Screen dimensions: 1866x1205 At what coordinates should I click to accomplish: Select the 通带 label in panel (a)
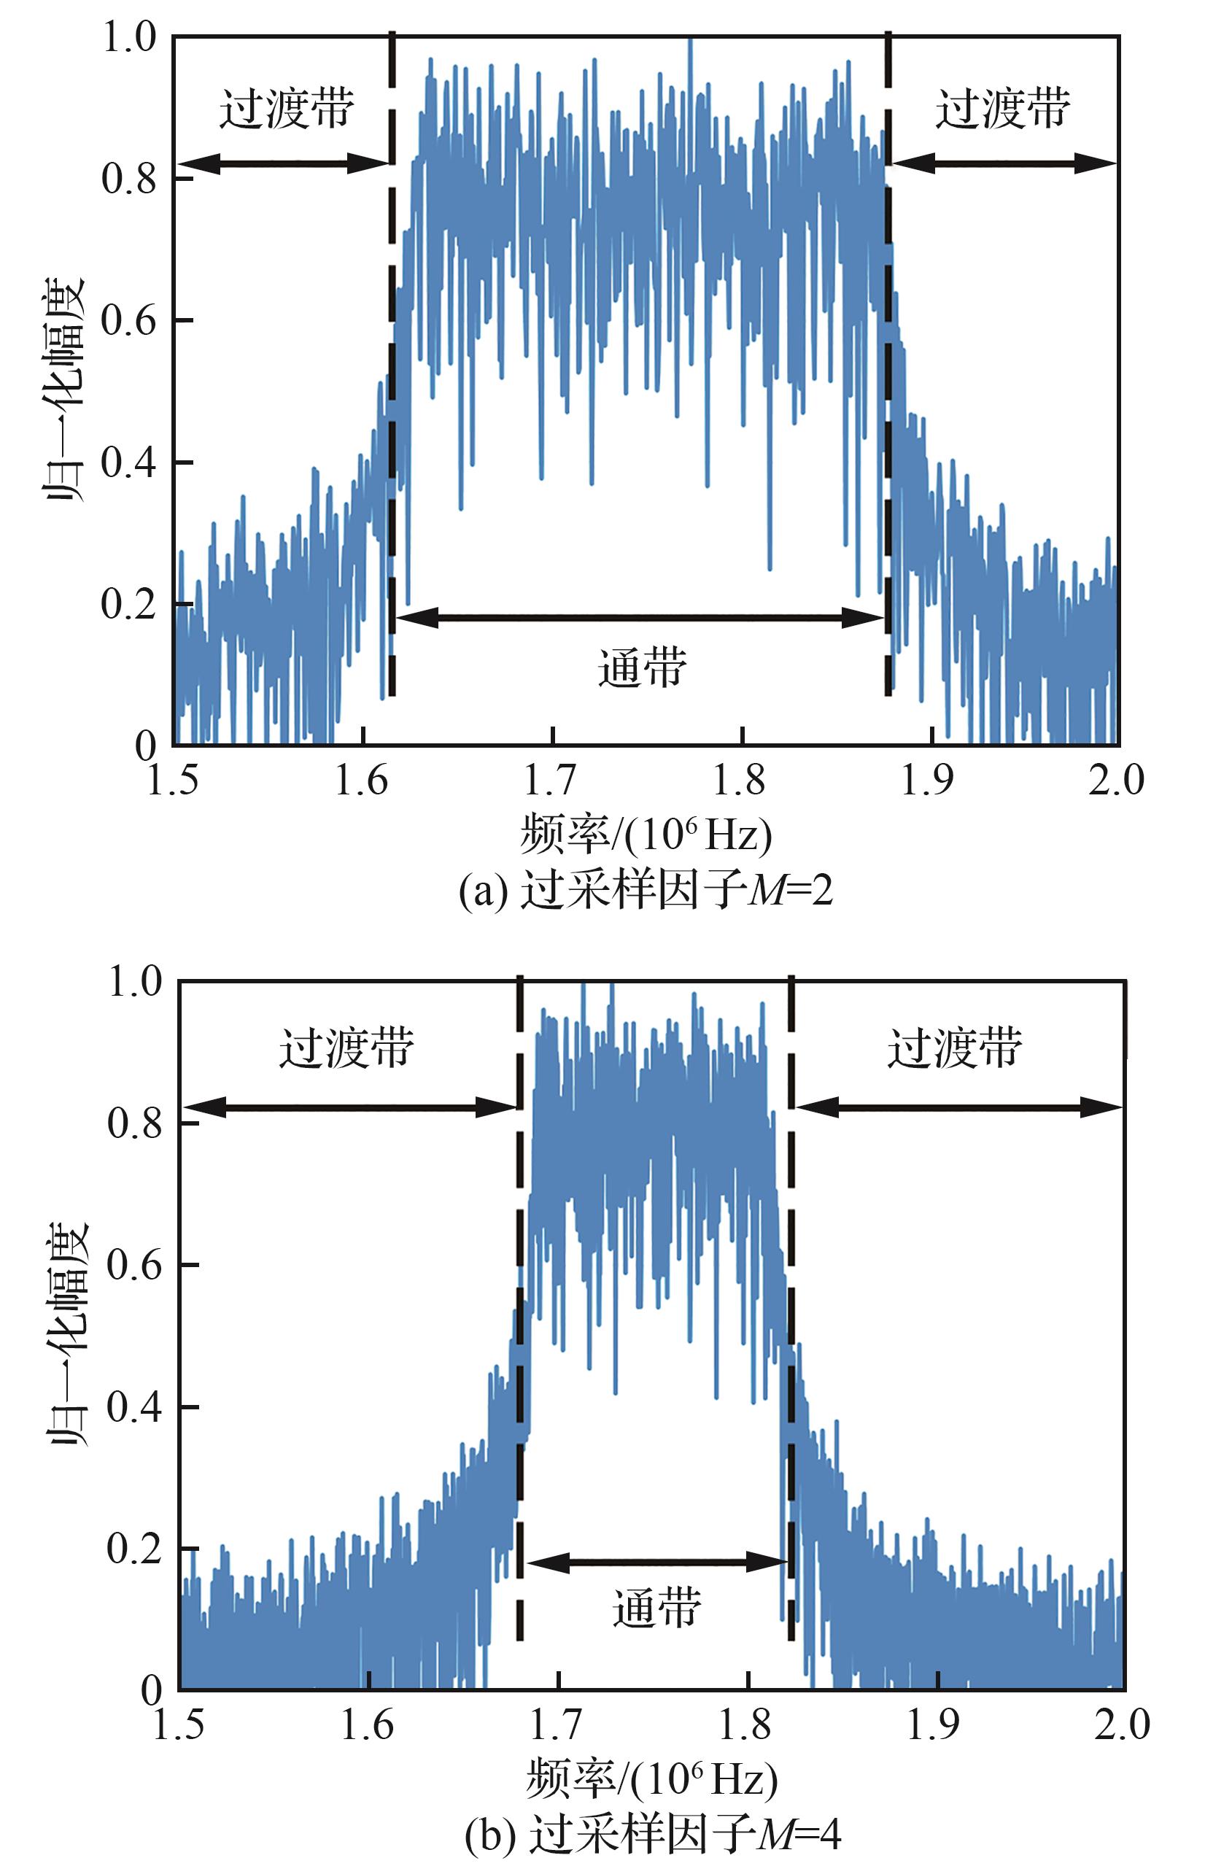coord(643,667)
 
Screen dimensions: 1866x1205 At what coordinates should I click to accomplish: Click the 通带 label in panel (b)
coord(656,1608)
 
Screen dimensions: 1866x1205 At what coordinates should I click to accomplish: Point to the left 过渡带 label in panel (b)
coord(346,1047)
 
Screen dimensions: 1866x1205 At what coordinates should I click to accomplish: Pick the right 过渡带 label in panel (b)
coord(955,1047)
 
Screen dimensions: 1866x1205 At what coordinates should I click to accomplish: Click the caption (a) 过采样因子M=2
coord(646,889)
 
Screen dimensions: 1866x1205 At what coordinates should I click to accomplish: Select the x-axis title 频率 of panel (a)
coord(646,834)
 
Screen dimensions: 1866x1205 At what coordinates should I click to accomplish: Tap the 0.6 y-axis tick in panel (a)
coord(129,321)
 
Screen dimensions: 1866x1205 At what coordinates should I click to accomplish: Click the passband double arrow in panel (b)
coord(656,1562)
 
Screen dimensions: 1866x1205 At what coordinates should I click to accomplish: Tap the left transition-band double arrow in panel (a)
coord(283,163)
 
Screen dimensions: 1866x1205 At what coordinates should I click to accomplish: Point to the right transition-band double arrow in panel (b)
coord(958,1107)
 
